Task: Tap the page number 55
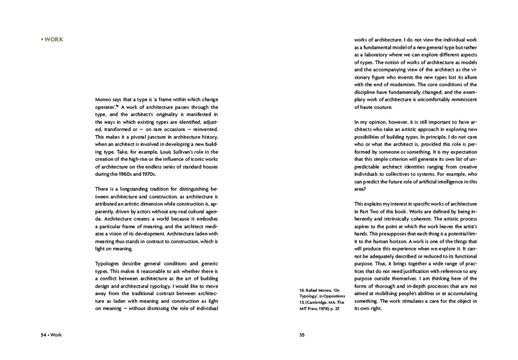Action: click(x=303, y=335)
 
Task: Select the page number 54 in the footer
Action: click(x=44, y=335)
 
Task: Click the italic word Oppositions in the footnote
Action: click(x=328, y=296)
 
